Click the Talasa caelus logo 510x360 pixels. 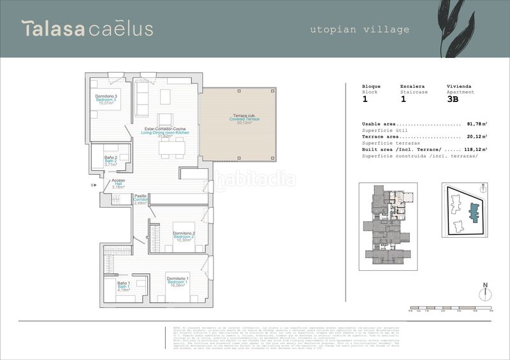87,29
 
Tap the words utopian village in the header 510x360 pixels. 360,29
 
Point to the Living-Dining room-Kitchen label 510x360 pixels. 165,132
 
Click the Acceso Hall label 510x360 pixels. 118,184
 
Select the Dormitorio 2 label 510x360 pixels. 184,237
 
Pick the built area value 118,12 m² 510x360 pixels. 475,149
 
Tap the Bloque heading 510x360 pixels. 371,86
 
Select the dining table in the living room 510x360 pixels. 172,148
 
